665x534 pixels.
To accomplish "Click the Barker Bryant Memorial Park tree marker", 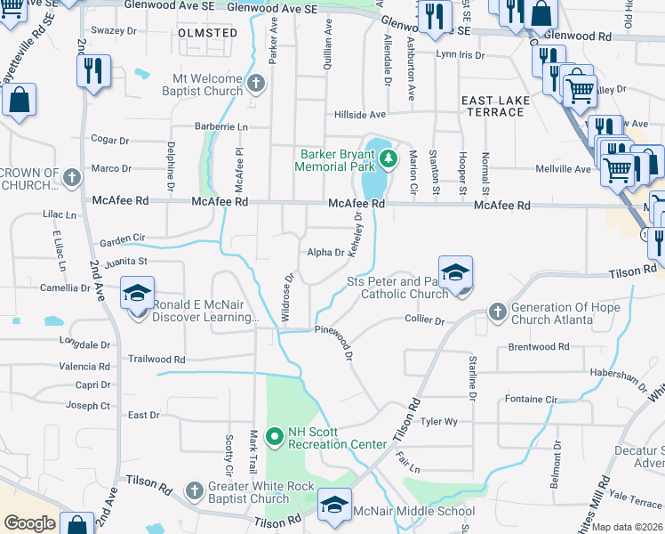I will click(x=388, y=159).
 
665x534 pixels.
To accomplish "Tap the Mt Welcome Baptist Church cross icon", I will click(x=257, y=85).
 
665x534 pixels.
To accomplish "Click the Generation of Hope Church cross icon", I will click(x=497, y=311).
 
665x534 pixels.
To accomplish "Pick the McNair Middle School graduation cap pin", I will click(x=334, y=504).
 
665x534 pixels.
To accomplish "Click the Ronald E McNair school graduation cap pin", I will click(x=138, y=294).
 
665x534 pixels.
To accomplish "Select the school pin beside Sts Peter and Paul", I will click(x=455, y=272).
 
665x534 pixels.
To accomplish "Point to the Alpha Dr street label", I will click(x=325, y=253).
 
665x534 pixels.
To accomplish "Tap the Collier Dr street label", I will click(x=424, y=320).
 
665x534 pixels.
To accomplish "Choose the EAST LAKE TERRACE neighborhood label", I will click(x=493, y=106).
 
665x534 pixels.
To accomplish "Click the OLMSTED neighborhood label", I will click(x=208, y=33).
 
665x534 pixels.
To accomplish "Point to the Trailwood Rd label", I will click(x=156, y=360).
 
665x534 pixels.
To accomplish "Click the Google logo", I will click(x=29, y=522).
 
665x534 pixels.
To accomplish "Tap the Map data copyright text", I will click(x=628, y=527).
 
